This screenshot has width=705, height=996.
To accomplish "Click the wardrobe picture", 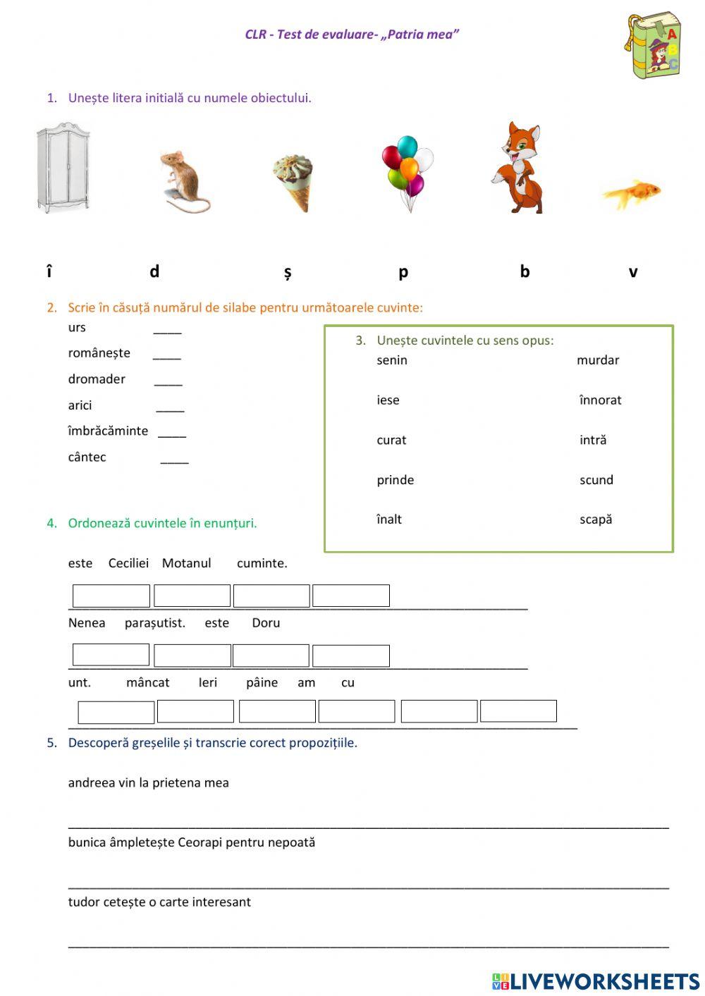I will pos(63,168).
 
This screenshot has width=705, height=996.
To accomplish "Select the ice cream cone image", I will pos(293,183).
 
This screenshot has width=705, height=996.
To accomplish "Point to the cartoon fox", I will pos(520,168).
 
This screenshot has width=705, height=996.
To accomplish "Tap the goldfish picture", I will pos(632,192).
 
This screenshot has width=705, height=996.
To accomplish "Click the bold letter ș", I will pos(288,272).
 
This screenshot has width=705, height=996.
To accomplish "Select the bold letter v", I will pos(632,272).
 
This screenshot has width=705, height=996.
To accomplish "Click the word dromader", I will pos(97,379).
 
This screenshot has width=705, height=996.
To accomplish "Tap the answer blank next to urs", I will pos(167,329).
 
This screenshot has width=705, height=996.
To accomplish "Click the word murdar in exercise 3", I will pos(597,360).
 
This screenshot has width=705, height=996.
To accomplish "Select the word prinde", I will pos(395,480).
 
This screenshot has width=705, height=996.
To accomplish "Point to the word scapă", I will pos(596,519).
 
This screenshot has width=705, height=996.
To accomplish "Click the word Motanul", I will pos(186,563).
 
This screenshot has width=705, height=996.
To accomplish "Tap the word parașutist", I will pos(154,623).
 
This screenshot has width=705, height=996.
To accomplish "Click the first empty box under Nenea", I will pos(111,655).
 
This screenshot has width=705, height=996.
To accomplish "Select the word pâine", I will pos(262,682).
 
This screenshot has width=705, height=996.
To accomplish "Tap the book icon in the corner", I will pos(653,44).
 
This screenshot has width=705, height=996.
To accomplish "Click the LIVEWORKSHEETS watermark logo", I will pos(596,981).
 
